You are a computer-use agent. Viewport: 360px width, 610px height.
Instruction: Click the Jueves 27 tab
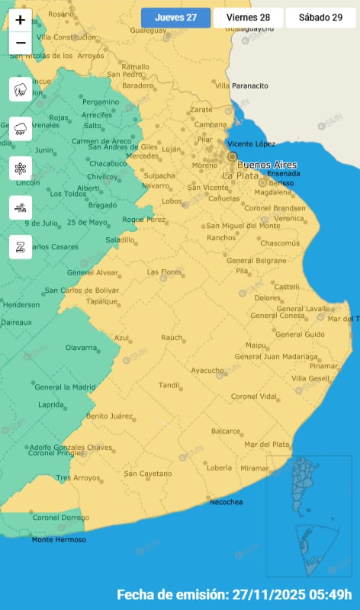(x=175, y=18)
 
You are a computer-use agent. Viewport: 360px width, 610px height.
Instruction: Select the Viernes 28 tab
(x=248, y=18)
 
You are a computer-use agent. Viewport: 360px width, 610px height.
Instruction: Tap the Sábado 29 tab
(x=320, y=18)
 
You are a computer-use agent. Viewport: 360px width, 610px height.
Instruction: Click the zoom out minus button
(x=20, y=43)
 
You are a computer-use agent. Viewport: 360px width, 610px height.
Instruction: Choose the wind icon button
(x=20, y=207)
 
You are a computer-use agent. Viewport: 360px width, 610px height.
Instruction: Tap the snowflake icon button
(x=20, y=168)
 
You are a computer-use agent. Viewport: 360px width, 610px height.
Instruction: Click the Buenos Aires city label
(x=267, y=165)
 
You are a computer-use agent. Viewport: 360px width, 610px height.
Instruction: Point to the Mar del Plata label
(x=267, y=444)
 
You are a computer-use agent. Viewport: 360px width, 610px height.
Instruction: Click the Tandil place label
(x=169, y=384)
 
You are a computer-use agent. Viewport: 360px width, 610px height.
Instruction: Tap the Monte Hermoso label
(x=59, y=540)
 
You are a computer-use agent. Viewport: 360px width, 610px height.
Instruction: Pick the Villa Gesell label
(x=310, y=378)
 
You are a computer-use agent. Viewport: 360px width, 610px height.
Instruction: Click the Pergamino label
(x=101, y=101)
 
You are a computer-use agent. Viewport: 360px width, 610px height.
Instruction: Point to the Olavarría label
(x=81, y=348)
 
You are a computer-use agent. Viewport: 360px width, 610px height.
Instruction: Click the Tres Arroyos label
(x=78, y=477)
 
